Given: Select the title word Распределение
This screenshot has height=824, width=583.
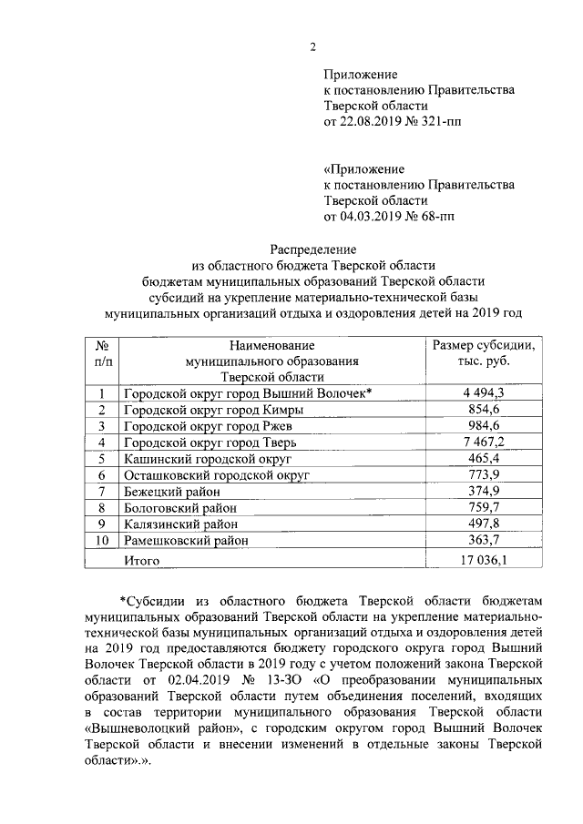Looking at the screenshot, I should (313, 249).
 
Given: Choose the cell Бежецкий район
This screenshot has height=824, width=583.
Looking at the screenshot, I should (173, 492).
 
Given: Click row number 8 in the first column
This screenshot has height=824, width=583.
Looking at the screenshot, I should (103, 508).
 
